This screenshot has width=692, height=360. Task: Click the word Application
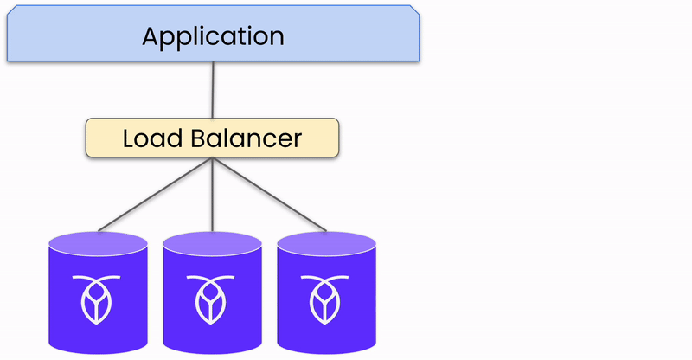[x=213, y=36]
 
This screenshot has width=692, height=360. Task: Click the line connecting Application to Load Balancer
[x=212, y=90]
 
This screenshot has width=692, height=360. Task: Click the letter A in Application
[x=151, y=36]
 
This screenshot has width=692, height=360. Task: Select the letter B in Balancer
[x=199, y=138]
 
